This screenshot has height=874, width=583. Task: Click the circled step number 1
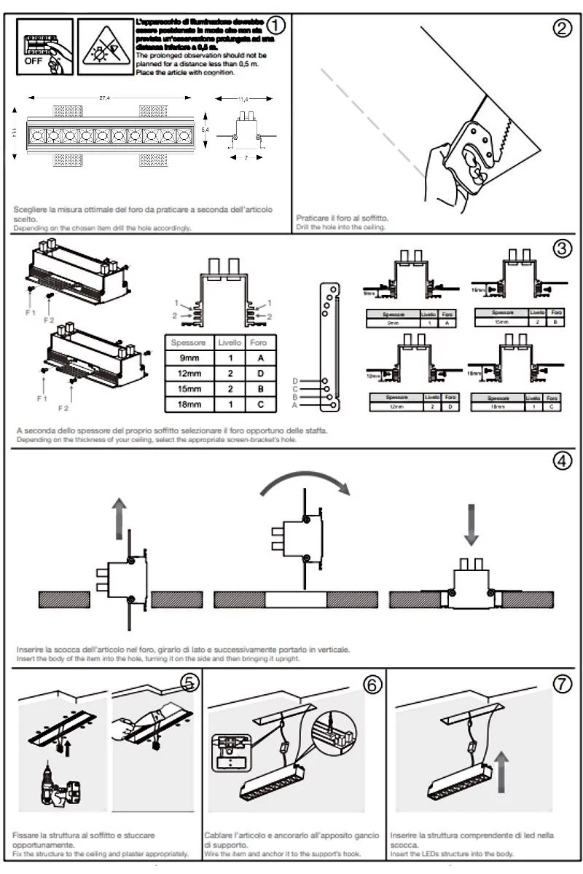point(276,25)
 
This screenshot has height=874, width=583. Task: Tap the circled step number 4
point(562,461)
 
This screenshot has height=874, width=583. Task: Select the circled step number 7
point(562,684)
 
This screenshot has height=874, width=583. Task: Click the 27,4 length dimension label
point(106,98)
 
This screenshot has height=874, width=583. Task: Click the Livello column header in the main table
point(230,342)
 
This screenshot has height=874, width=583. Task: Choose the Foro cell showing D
point(260,374)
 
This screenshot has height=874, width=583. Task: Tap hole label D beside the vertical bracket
point(295,381)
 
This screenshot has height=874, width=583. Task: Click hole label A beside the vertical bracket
point(295,405)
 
